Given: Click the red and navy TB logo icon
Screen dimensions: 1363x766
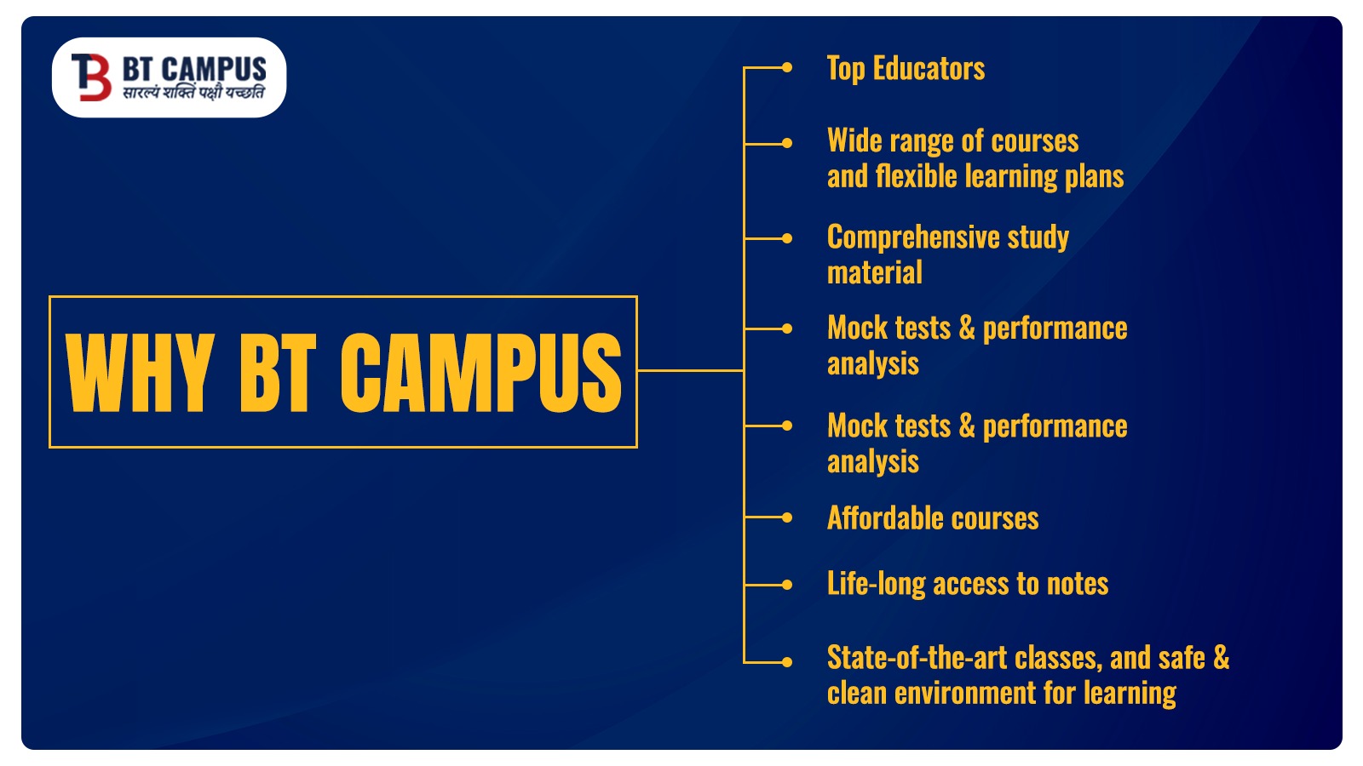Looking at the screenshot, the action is coord(91,77).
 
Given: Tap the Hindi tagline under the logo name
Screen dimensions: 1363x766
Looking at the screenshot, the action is coord(193,93).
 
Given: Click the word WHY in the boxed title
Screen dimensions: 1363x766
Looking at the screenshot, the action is coord(140,372).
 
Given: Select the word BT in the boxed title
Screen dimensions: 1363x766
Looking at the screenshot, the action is coord(278,372).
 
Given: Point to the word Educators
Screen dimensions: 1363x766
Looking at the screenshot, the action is coord(929,68).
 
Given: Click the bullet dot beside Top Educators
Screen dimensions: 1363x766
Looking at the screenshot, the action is coord(787,67).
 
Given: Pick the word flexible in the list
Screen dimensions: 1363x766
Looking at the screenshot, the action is coord(917,176).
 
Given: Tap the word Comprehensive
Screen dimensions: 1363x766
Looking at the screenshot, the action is coord(913,237).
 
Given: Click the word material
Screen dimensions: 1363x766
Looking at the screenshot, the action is coord(874,272).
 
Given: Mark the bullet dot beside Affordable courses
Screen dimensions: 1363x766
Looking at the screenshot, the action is coord(787,517).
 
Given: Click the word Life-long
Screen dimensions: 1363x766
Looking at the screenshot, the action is coord(877,584).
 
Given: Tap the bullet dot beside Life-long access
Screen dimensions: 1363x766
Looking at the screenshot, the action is coord(787,585).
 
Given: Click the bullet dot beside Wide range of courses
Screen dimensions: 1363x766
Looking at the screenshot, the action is coord(787,144).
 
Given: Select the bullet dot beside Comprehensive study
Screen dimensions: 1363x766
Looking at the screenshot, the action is coord(787,238).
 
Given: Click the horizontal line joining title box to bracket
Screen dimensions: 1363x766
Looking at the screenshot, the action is coord(690,370).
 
